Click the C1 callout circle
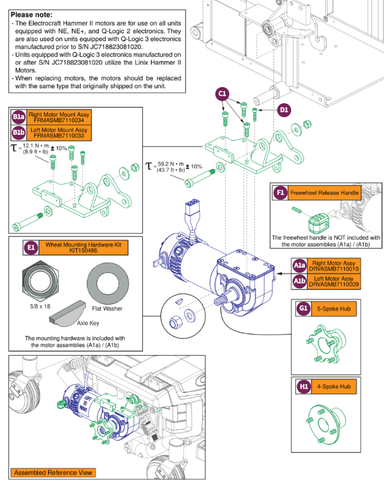(x=223, y=94)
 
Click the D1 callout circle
(x=284, y=110)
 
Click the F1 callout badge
(x=281, y=193)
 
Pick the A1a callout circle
(x=300, y=265)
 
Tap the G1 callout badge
(x=304, y=309)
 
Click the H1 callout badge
(x=304, y=387)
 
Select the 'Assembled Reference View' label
(x=53, y=472)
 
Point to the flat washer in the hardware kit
(x=107, y=280)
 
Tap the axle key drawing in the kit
(x=71, y=308)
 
